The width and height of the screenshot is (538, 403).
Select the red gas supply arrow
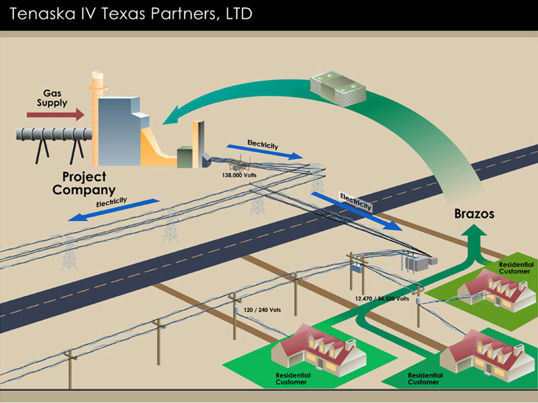click(x=55, y=115)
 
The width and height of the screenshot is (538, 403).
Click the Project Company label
click(x=84, y=183)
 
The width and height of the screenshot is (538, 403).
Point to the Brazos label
click(x=474, y=214)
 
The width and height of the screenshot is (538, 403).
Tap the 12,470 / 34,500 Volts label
click(x=382, y=299)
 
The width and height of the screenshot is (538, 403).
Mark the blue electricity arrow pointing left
click(x=113, y=210)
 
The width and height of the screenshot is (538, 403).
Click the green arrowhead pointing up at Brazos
click(x=474, y=233)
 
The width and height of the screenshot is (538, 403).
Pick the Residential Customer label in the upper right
click(x=514, y=267)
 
